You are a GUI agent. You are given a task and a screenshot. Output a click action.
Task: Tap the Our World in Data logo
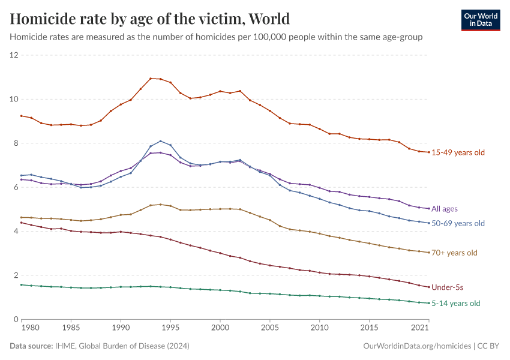[480, 19]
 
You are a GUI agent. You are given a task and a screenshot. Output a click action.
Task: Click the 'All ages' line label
[445, 209]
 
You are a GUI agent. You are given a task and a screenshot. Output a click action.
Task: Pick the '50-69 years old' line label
[458, 223]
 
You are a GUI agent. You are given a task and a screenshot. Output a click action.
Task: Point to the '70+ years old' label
[454, 253]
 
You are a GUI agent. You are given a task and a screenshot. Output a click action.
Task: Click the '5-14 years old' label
[456, 304]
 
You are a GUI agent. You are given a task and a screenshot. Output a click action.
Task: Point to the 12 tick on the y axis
[14, 55]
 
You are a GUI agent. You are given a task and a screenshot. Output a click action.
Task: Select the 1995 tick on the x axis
[170, 329]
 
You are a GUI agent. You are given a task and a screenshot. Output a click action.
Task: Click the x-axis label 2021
[420, 329]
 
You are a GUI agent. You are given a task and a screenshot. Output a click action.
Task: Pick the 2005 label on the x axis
[270, 329]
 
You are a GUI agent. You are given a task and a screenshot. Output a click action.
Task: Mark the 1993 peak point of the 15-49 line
[151, 79]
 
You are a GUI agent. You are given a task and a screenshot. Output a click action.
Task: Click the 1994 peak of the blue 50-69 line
[160, 141]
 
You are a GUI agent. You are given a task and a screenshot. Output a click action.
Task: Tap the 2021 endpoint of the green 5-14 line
[429, 303]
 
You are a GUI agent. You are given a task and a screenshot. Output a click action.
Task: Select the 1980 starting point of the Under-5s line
[21, 223]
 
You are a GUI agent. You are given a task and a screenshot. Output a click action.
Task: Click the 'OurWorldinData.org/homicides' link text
[417, 346]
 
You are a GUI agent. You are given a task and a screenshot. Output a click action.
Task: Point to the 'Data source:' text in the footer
[31, 346]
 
